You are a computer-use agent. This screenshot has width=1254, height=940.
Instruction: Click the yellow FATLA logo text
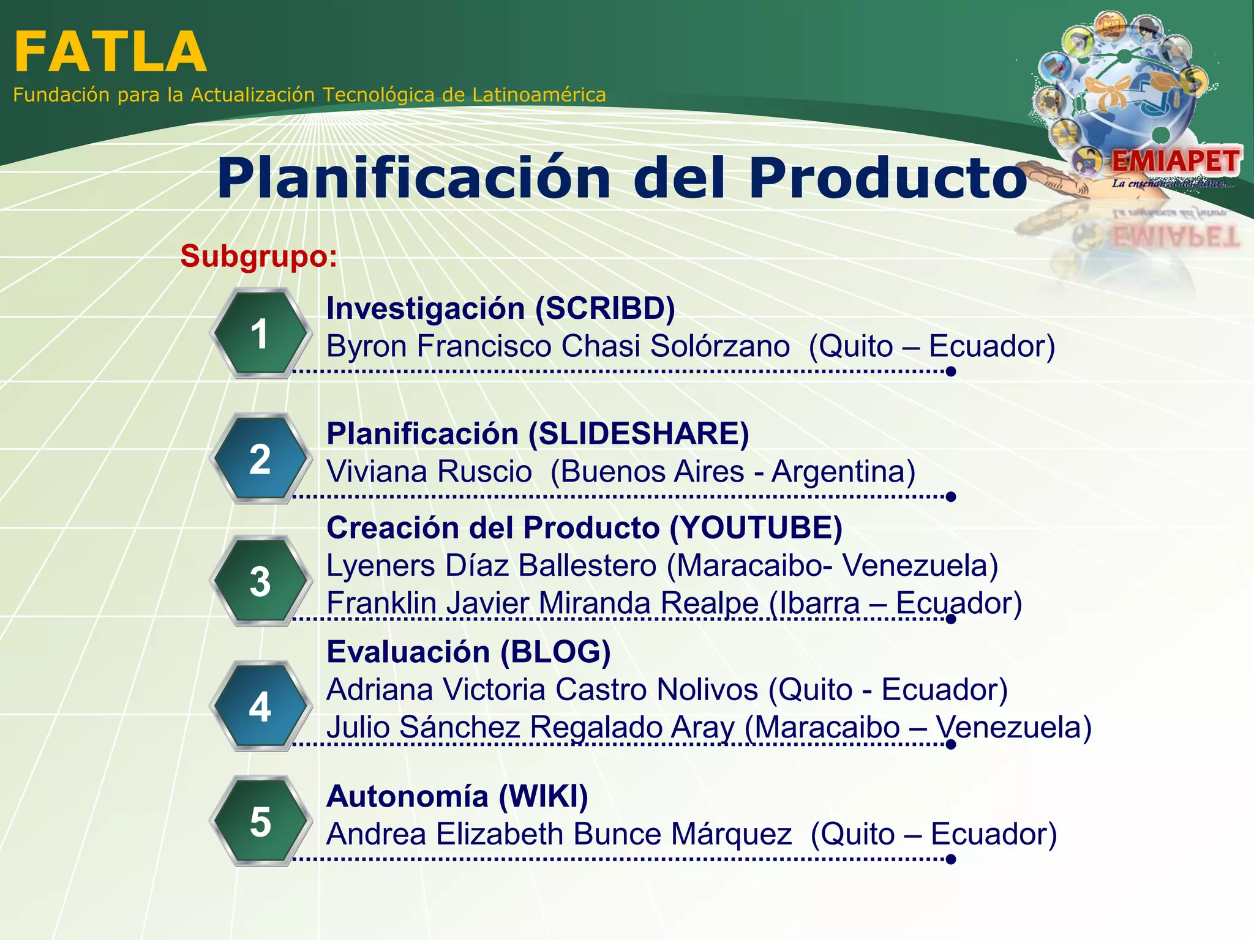coord(110,53)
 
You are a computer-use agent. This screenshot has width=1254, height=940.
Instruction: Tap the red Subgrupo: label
coord(258,256)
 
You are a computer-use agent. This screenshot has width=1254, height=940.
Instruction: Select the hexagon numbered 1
coord(260,334)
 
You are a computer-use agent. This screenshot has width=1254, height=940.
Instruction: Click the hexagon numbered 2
coord(260,459)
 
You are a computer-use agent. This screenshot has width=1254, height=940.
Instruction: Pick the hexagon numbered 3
coord(260,581)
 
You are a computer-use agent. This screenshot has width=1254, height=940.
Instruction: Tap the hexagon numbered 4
coord(260,706)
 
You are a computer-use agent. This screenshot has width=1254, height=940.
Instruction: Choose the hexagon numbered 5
coord(260,821)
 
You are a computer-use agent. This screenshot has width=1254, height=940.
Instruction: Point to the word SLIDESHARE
coord(639,434)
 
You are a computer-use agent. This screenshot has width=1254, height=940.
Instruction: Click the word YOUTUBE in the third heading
coord(756,528)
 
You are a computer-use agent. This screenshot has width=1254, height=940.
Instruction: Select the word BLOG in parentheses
coord(555,652)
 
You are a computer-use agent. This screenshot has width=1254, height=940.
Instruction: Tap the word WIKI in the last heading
coord(543,796)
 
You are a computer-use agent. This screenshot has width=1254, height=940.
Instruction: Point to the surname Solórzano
coord(719,346)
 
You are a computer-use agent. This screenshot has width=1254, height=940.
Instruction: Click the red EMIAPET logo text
coord(1176,162)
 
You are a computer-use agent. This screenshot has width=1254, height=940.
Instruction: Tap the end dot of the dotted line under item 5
coord(951,859)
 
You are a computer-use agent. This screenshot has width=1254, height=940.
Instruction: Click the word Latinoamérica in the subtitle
coord(539,95)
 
